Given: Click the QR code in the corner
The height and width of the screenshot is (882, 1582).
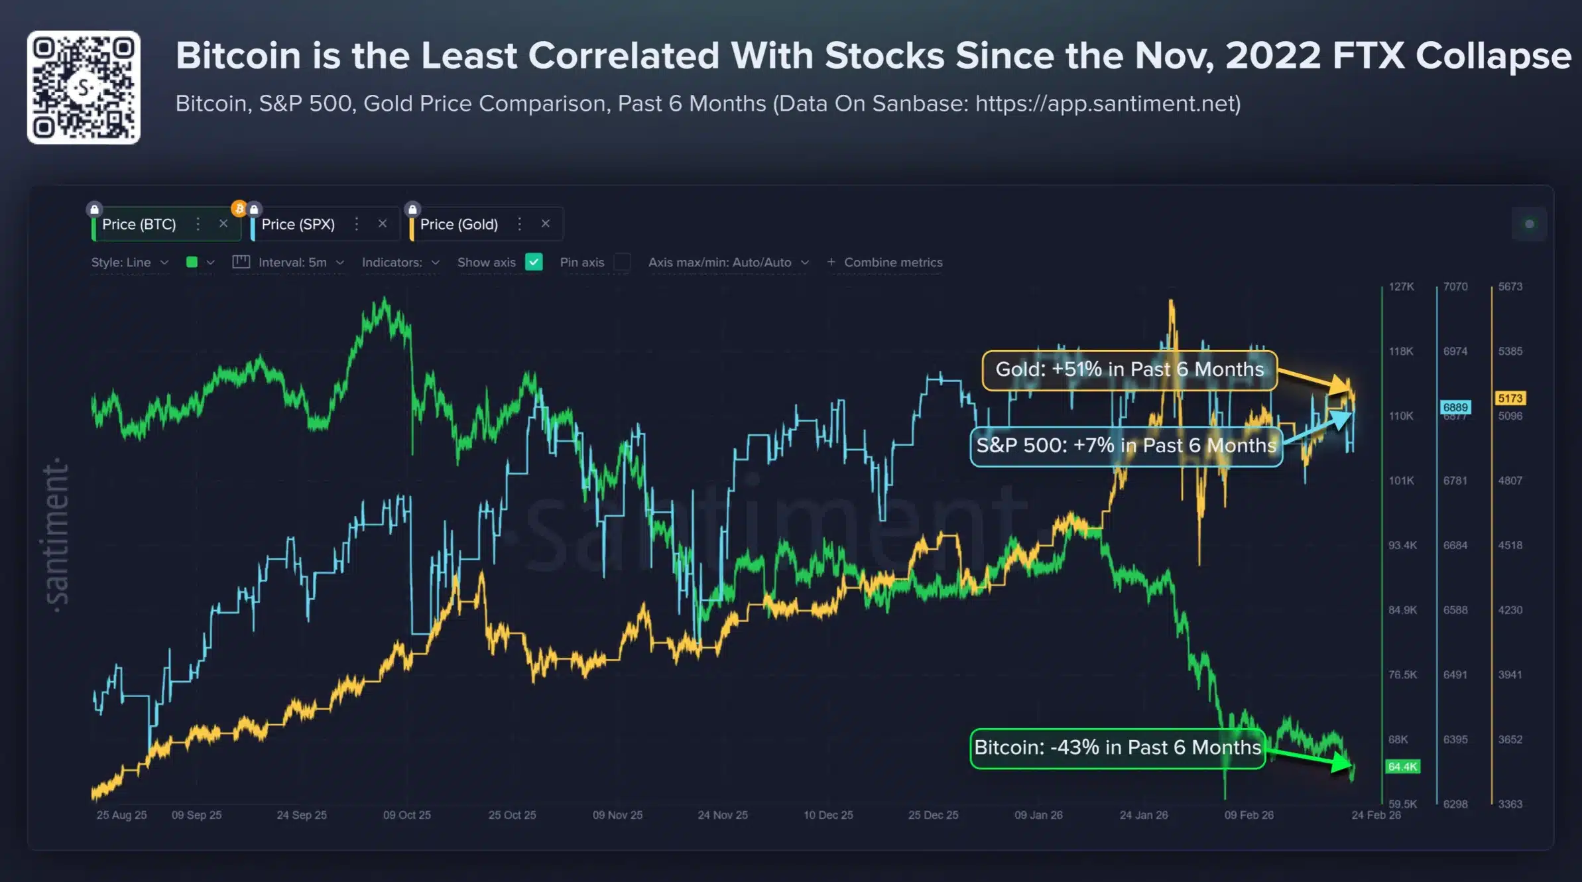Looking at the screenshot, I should [x=84, y=88].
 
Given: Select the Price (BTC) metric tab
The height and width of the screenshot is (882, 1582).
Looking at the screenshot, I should [x=139, y=224].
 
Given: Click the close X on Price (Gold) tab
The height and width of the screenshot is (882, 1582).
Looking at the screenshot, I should [x=545, y=223].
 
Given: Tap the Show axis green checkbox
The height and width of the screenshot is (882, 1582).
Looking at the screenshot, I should [x=534, y=262].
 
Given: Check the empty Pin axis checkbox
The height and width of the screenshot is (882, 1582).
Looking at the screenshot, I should [x=622, y=262].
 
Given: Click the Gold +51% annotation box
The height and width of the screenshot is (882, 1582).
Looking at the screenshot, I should [x=1129, y=369].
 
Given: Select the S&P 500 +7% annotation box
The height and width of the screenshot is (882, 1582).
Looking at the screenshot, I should [x=1126, y=446].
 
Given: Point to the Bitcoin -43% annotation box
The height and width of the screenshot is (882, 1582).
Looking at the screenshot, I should [x=1117, y=747].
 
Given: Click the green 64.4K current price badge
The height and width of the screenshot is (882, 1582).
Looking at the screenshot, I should [x=1402, y=767].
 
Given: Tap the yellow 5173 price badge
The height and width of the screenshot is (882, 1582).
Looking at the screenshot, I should [x=1510, y=398].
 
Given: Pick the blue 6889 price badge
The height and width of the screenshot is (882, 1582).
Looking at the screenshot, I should [x=1455, y=407].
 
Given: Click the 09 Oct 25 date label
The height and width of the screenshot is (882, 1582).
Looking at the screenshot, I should [x=406, y=815].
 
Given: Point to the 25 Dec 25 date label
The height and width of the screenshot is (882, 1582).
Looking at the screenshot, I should [x=933, y=815].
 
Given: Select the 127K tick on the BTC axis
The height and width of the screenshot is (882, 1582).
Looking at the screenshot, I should [x=1401, y=286].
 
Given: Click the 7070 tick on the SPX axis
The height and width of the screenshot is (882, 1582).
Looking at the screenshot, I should [x=1455, y=286].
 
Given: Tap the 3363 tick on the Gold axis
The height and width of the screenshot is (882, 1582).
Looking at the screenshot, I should [x=1510, y=804].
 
